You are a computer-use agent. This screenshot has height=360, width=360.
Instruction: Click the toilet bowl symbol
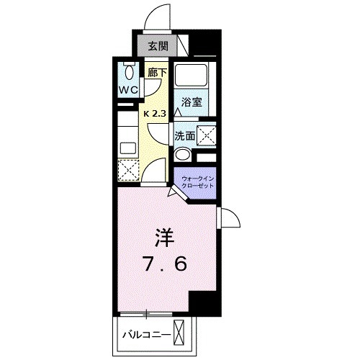pos(130,71)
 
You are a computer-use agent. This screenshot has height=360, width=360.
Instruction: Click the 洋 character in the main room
pos(163,238)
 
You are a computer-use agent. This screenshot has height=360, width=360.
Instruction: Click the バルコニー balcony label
pos(146,336)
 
